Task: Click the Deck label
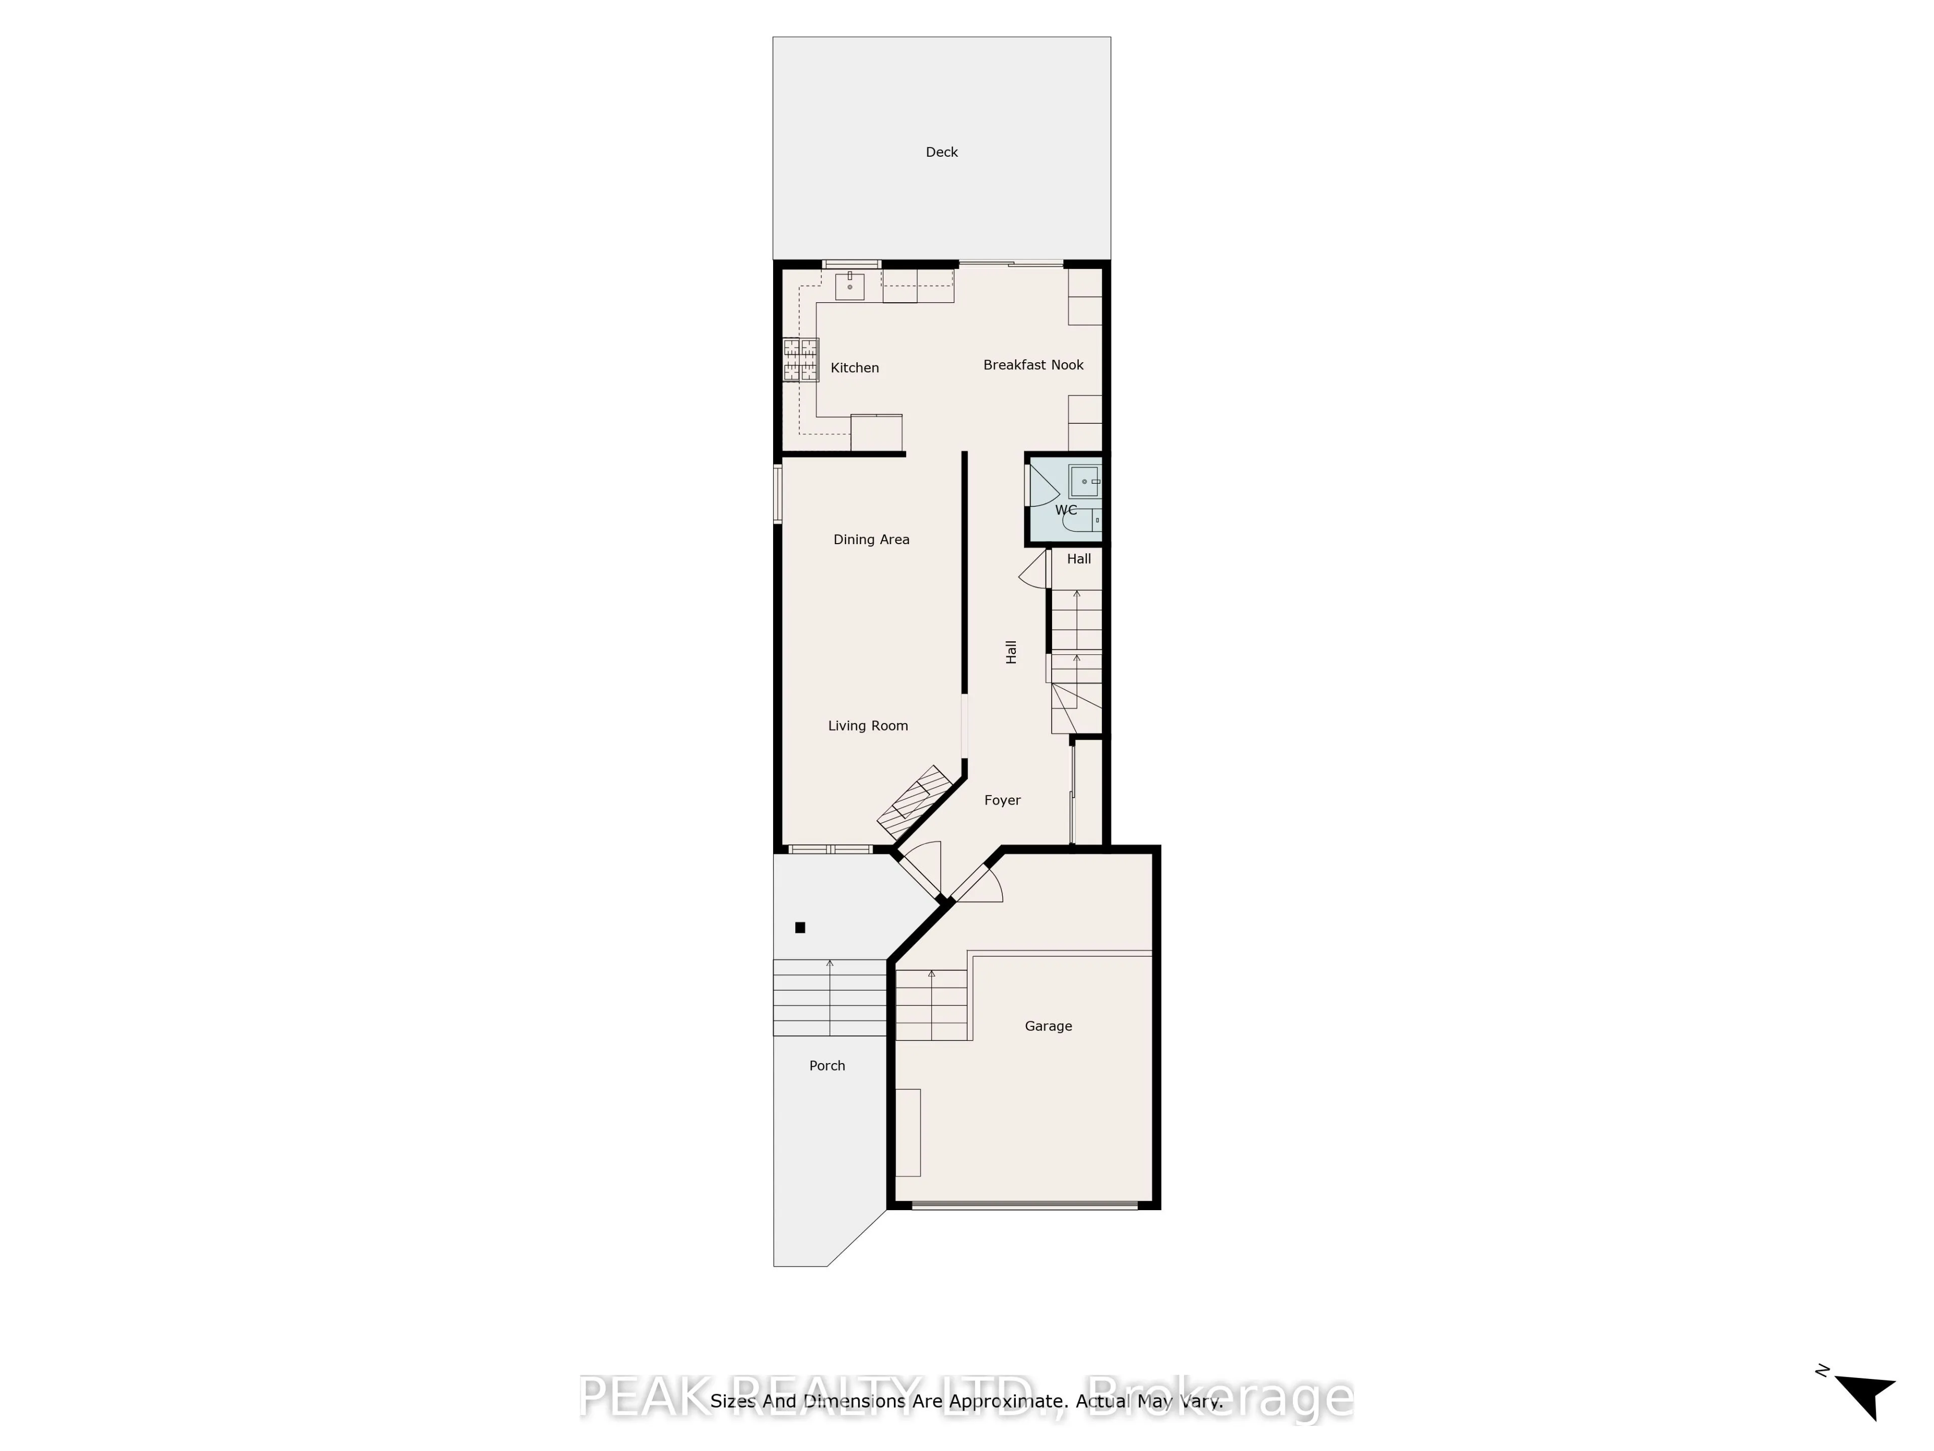coord(942,152)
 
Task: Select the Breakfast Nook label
coord(1032,365)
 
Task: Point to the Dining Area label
coord(871,540)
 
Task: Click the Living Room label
coord(867,726)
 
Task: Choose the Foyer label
coord(1002,800)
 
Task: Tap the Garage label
coord(1048,1026)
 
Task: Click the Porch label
coord(826,1065)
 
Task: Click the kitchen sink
coord(850,286)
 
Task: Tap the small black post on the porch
coord(800,928)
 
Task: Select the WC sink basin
coord(1085,481)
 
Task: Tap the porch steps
coord(830,997)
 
